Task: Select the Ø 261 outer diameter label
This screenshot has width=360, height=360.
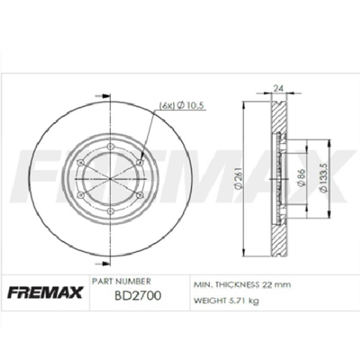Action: [x=237, y=182]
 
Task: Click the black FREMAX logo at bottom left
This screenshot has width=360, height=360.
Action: [x=43, y=291]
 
